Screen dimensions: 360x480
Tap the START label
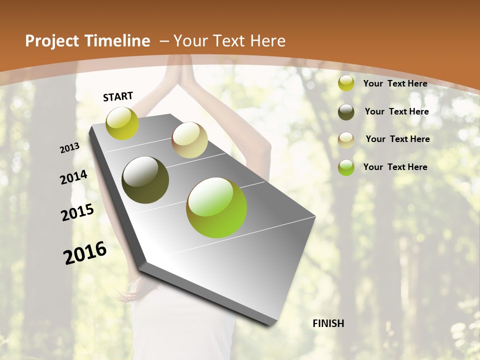click(x=118, y=96)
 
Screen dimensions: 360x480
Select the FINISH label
click(x=328, y=323)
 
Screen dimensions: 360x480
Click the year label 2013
click(x=70, y=148)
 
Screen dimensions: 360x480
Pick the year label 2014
click(x=73, y=177)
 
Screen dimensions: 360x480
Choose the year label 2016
click(x=85, y=253)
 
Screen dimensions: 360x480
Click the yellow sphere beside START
click(x=122, y=123)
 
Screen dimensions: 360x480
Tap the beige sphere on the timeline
click(x=189, y=140)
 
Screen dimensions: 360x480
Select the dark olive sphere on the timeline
click(x=145, y=180)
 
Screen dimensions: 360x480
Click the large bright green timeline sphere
click(x=216, y=207)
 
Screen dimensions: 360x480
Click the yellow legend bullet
click(x=346, y=83)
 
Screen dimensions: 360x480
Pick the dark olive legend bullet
click(x=346, y=111)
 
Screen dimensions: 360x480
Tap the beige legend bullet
click(x=346, y=139)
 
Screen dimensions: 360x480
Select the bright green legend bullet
click(x=346, y=167)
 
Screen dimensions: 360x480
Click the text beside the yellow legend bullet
click(x=395, y=83)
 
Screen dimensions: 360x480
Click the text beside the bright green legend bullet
click(x=395, y=167)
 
